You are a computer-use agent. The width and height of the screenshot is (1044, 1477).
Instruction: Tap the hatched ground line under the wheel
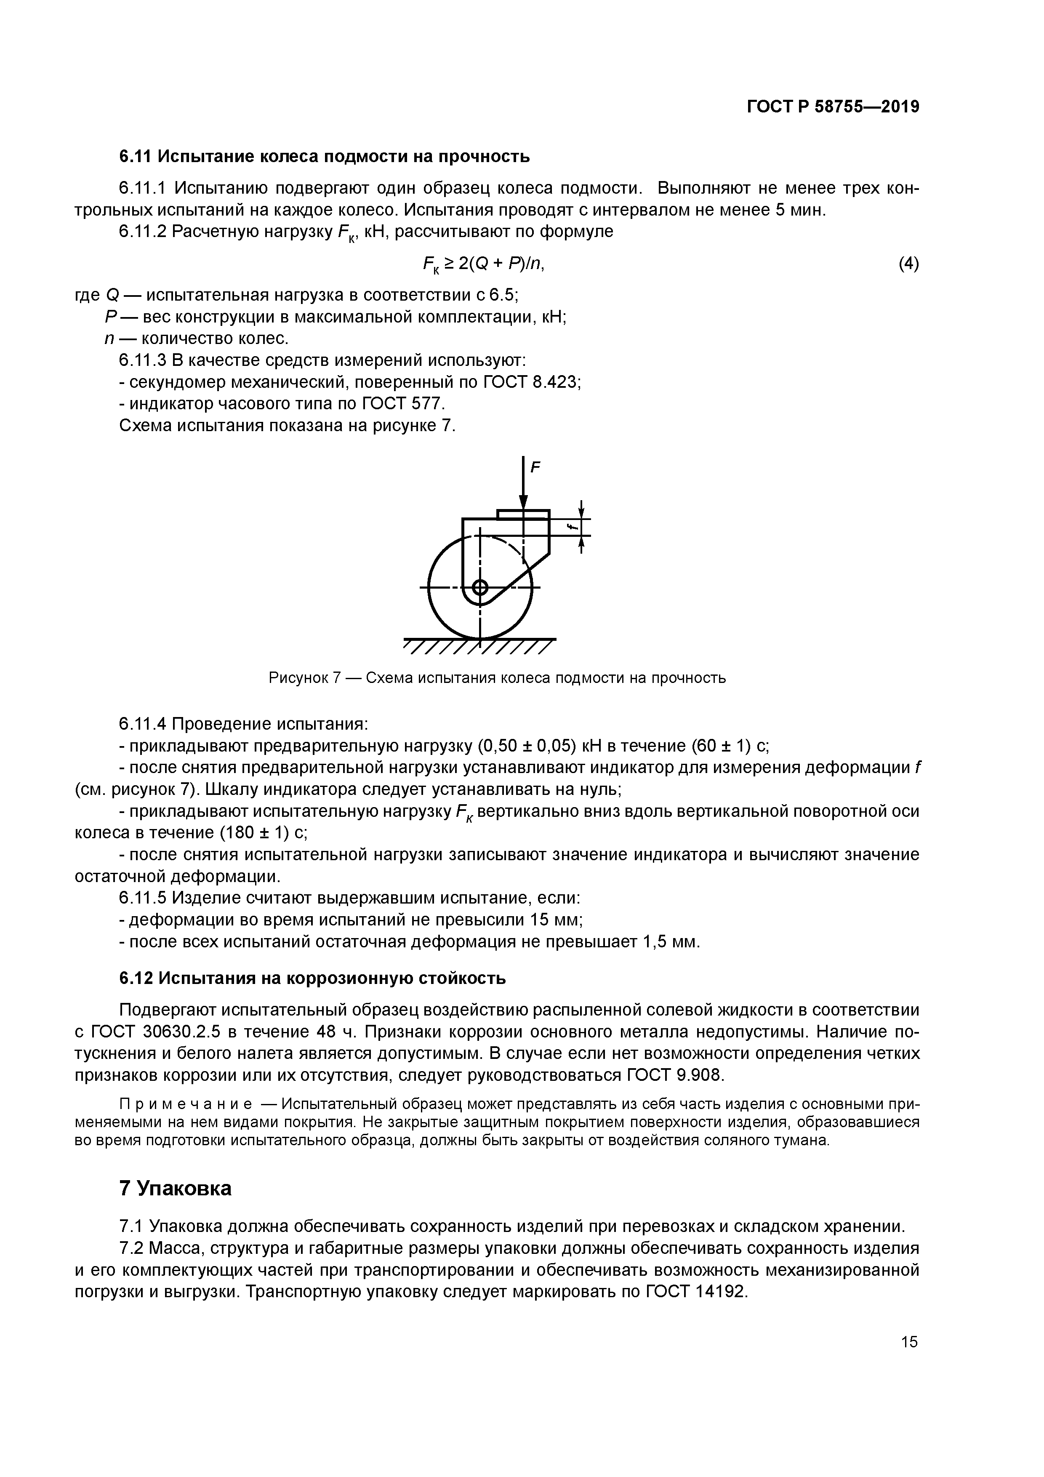tap(479, 646)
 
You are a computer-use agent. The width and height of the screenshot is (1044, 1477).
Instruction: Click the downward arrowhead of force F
tap(524, 504)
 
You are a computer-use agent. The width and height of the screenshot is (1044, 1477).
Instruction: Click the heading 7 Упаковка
tap(175, 1188)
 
